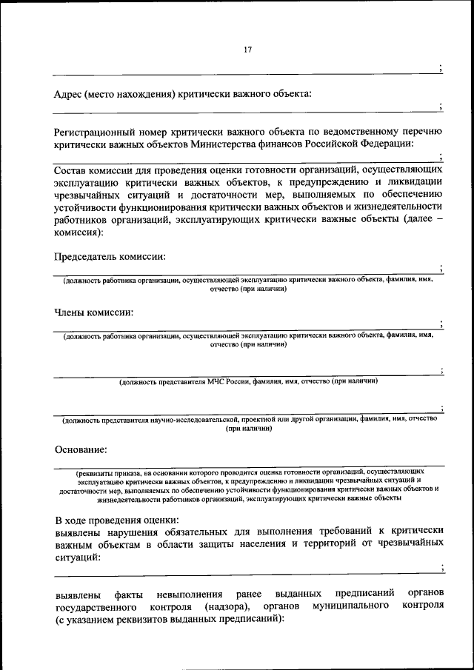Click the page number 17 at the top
(x=248, y=50)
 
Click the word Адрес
(x=69, y=93)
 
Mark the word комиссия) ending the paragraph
(x=79, y=232)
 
